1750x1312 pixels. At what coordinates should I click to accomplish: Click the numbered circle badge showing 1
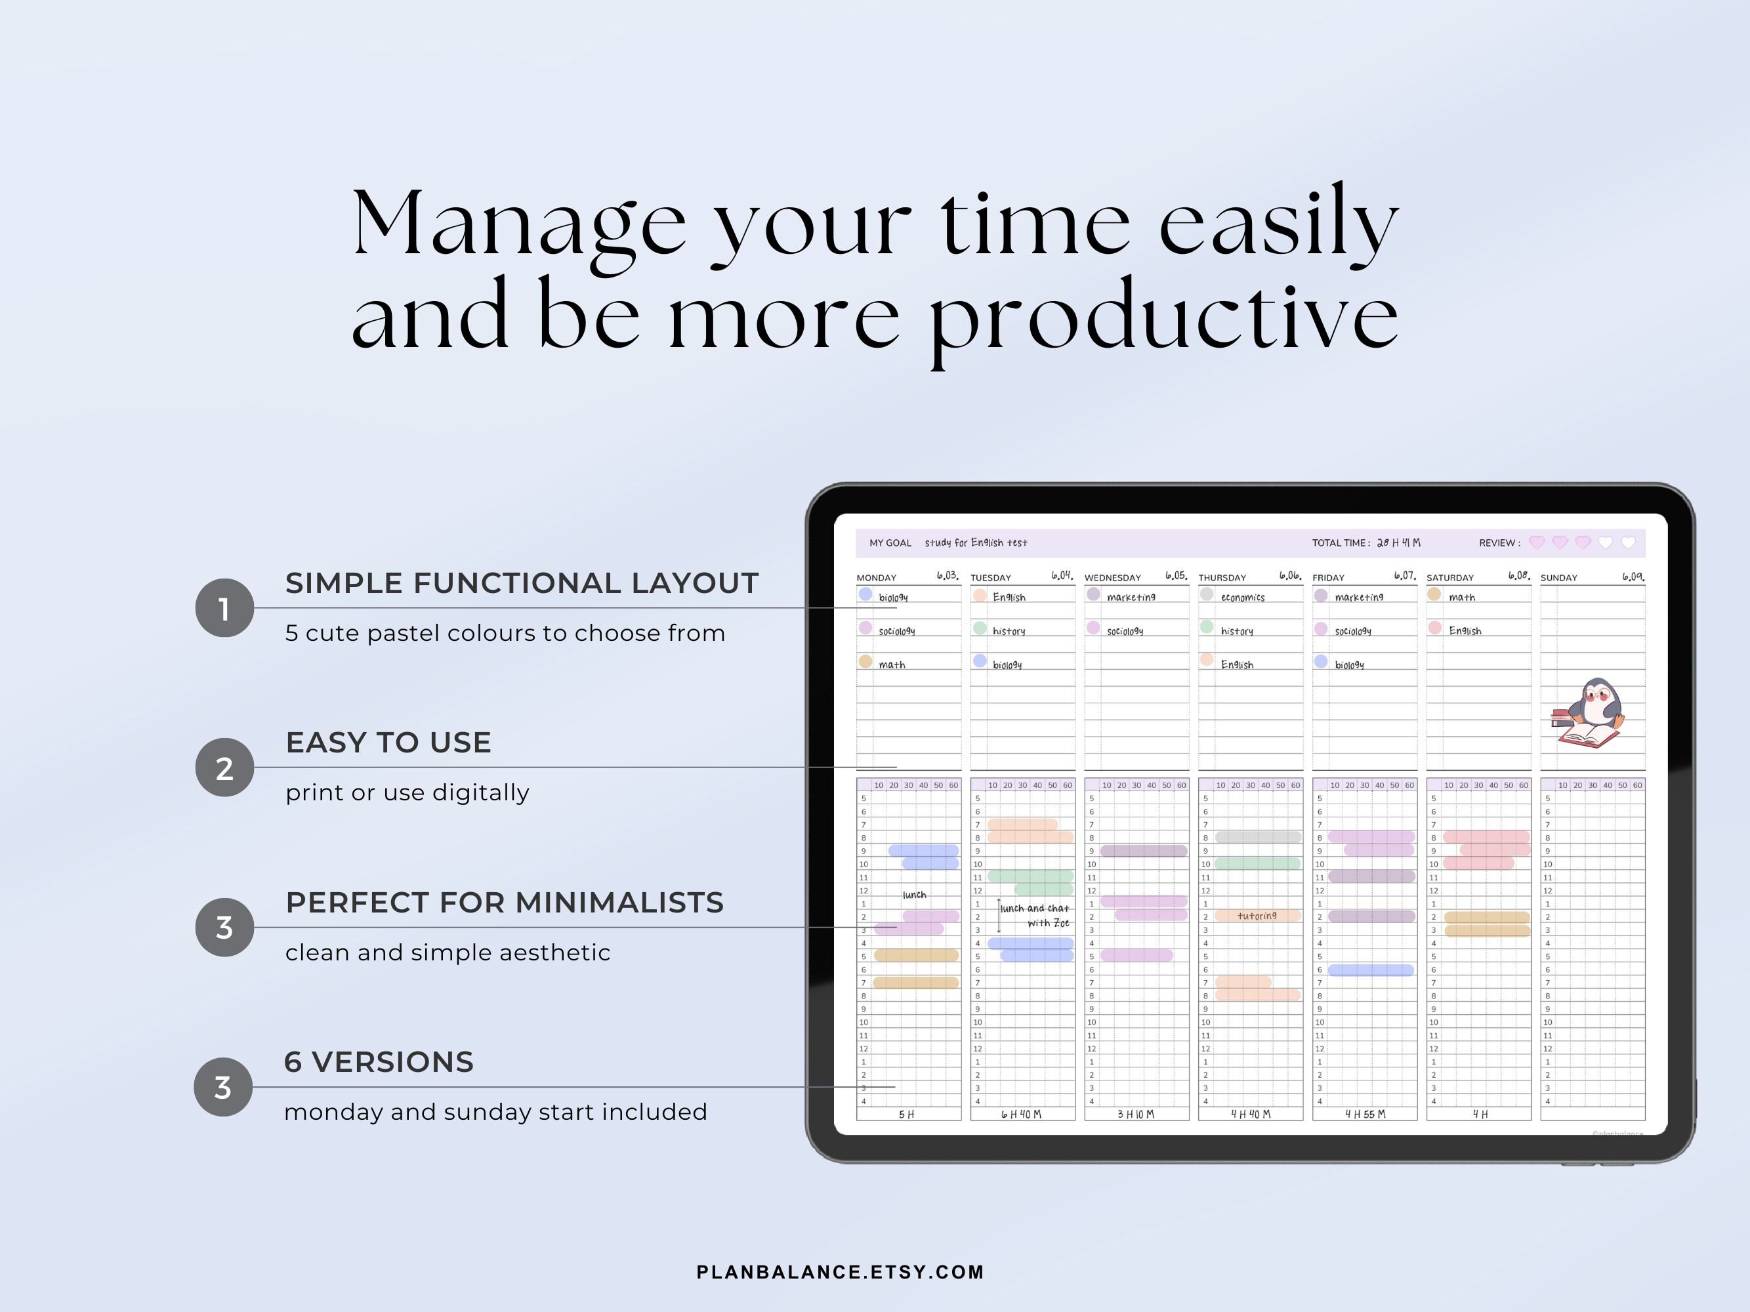[224, 607]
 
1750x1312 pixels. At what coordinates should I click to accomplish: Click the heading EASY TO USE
[388, 743]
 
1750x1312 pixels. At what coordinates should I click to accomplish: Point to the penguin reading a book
[1589, 712]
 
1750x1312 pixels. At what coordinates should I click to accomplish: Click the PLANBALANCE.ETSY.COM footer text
[840, 1272]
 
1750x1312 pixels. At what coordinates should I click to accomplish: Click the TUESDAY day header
[991, 578]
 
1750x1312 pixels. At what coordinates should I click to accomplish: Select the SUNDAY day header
[1558, 578]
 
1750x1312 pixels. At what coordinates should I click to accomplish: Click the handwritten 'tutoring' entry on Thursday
[1257, 916]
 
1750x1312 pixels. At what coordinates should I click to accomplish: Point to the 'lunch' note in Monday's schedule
[914, 894]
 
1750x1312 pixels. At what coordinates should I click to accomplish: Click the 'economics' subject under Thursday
[1243, 597]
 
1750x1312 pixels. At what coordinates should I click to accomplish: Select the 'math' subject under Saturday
[1462, 597]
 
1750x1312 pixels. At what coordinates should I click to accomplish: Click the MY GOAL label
[890, 543]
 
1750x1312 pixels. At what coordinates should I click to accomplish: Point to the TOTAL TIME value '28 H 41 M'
[1399, 543]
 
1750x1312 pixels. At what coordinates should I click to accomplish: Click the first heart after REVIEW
[1536, 543]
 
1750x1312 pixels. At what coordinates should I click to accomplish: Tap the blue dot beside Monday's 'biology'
[865, 594]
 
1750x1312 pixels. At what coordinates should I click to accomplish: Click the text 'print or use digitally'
[407, 792]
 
